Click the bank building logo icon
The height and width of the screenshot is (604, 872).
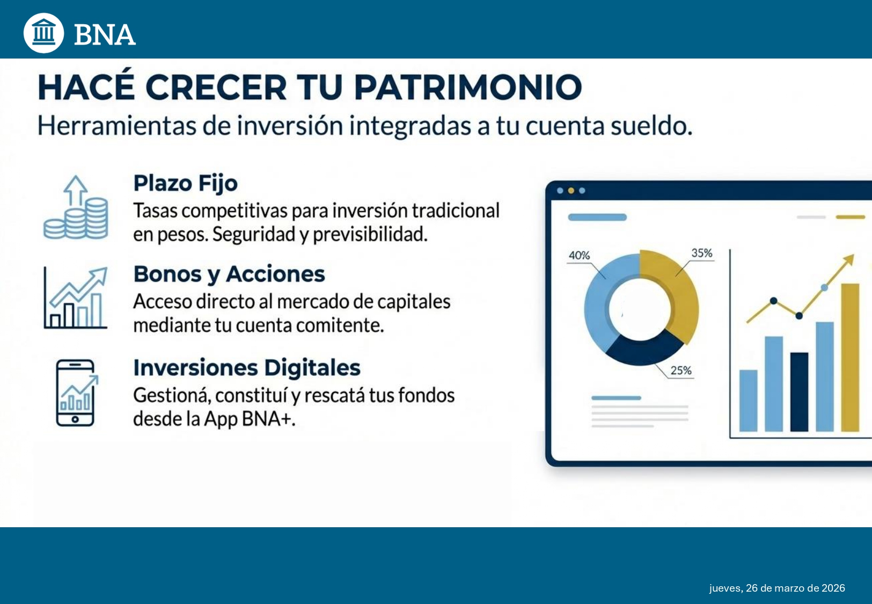(43, 33)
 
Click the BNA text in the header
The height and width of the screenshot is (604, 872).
(105, 35)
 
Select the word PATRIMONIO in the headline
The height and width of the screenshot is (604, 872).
(467, 87)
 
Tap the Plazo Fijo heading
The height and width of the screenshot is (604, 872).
(185, 183)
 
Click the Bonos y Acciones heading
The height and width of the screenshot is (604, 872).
(229, 274)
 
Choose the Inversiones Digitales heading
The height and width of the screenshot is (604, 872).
(247, 367)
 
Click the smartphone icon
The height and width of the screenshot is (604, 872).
(76, 392)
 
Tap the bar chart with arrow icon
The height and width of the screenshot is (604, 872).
(76, 297)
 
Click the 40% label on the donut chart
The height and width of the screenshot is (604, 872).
(579, 256)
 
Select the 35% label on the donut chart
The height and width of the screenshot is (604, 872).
(702, 253)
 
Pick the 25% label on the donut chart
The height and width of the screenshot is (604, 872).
(681, 370)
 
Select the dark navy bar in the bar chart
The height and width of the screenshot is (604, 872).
(799, 392)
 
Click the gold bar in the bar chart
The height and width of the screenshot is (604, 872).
(850, 358)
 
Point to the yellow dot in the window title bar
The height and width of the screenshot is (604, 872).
(571, 191)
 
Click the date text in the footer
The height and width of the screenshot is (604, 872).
(777, 588)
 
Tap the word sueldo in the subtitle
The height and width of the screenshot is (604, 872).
(651, 126)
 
